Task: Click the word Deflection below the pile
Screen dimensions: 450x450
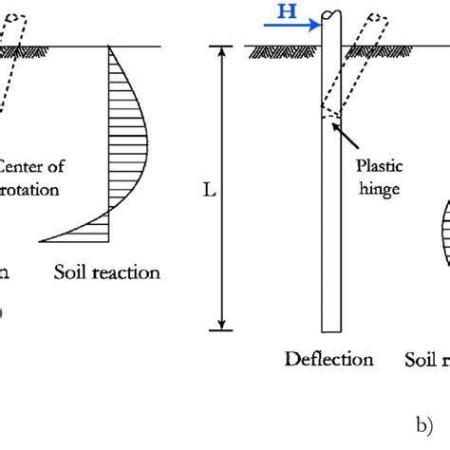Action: point(329,360)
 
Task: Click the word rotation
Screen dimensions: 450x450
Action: point(30,189)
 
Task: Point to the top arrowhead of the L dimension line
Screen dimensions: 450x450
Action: point(222,50)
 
